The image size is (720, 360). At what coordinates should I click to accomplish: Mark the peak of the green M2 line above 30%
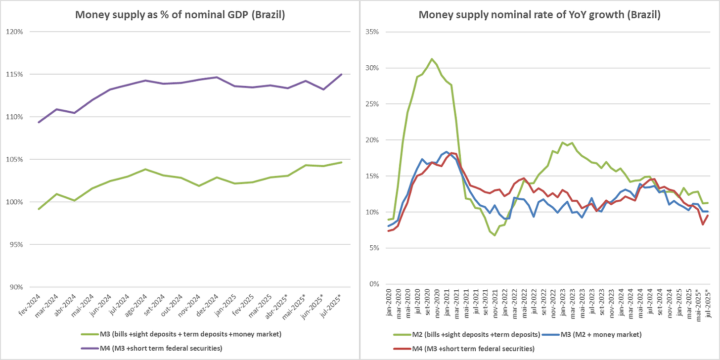click(432, 59)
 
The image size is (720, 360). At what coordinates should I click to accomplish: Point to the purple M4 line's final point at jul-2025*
click(342, 74)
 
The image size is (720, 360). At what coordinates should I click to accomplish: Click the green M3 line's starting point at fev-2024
click(38, 209)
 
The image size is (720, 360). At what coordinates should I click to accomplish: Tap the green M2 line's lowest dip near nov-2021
click(495, 235)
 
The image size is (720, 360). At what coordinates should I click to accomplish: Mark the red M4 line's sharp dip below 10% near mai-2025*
click(702, 225)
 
